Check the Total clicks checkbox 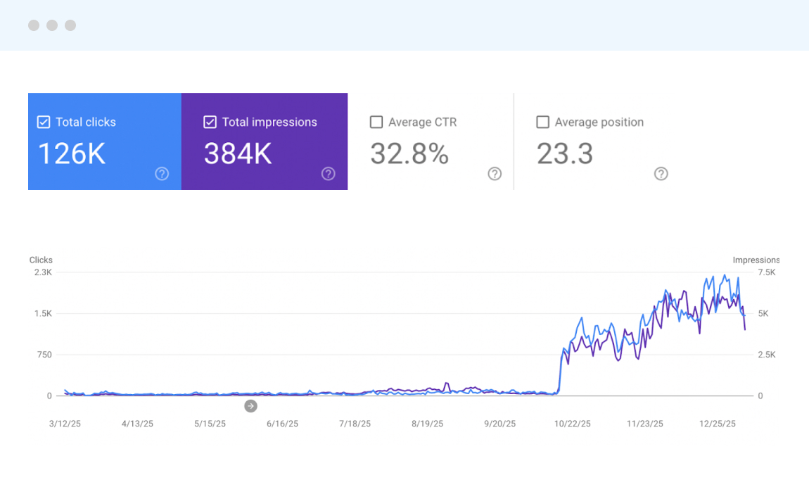point(44,122)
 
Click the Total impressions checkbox point(210,122)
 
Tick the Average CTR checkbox point(376,122)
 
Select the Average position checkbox point(542,122)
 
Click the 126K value point(71,153)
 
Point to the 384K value point(238,153)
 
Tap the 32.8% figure point(409,153)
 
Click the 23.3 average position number point(564,153)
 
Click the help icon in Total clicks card point(162,174)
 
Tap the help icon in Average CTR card point(495,174)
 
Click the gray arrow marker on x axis point(250,406)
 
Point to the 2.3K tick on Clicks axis point(42,272)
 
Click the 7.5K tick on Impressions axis point(766,272)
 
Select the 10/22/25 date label point(572,424)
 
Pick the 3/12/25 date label point(65,424)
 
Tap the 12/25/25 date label point(718,424)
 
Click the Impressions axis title point(756,260)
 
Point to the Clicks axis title point(41,260)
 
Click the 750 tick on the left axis point(44,355)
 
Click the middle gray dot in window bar point(52,25)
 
